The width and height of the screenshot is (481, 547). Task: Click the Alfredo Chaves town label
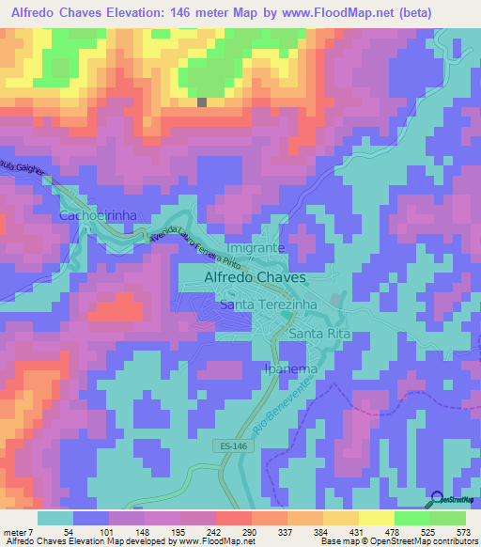255,278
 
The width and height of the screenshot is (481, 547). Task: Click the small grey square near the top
201,102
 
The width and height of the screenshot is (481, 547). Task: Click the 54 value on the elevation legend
69,530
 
